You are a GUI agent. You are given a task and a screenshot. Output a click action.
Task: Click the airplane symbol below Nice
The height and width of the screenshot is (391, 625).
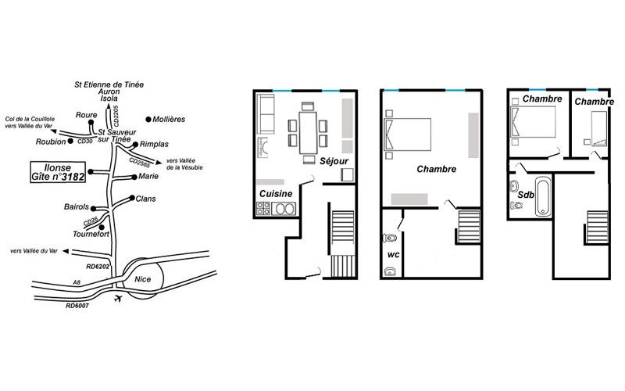(x=118, y=299)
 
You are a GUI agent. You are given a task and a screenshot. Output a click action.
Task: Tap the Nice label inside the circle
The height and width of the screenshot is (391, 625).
(x=143, y=279)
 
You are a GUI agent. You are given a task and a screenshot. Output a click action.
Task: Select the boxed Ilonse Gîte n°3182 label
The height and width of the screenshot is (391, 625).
(x=58, y=172)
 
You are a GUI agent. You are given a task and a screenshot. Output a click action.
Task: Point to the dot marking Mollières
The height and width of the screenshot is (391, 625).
(x=148, y=120)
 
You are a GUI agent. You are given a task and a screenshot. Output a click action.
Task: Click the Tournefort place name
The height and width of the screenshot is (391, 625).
(x=91, y=234)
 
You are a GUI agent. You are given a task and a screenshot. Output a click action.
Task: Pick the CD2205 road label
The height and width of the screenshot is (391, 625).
(x=116, y=116)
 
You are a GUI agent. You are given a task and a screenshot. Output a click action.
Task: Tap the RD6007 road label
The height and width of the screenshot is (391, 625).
(x=77, y=306)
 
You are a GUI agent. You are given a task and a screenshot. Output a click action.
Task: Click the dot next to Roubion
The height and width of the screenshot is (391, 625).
(x=70, y=142)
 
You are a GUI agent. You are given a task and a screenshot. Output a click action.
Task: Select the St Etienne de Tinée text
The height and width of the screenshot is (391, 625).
(x=109, y=84)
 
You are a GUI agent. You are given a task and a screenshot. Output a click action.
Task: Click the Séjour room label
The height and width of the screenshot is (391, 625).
(x=334, y=161)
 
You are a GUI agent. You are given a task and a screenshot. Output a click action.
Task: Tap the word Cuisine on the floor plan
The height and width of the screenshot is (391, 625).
(x=276, y=194)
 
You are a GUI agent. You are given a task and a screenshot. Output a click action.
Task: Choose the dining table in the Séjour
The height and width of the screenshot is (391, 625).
(x=308, y=133)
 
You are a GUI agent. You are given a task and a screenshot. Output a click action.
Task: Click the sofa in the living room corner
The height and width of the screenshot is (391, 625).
(x=266, y=114)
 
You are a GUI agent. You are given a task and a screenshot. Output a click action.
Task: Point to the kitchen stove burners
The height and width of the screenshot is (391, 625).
(x=263, y=208)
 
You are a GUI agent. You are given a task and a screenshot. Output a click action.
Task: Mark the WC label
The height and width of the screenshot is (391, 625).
(x=394, y=255)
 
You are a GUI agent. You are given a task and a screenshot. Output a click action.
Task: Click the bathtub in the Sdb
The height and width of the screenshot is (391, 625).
(x=542, y=196)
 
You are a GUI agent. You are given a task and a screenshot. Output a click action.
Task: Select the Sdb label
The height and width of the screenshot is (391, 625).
(x=526, y=195)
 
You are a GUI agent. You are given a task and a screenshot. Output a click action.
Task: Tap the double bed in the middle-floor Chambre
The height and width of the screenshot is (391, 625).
(x=407, y=135)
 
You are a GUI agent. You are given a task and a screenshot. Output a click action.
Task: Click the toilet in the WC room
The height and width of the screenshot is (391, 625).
(x=390, y=239)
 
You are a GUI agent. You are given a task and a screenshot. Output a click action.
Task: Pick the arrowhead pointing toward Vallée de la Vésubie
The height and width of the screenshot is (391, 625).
(x=159, y=163)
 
